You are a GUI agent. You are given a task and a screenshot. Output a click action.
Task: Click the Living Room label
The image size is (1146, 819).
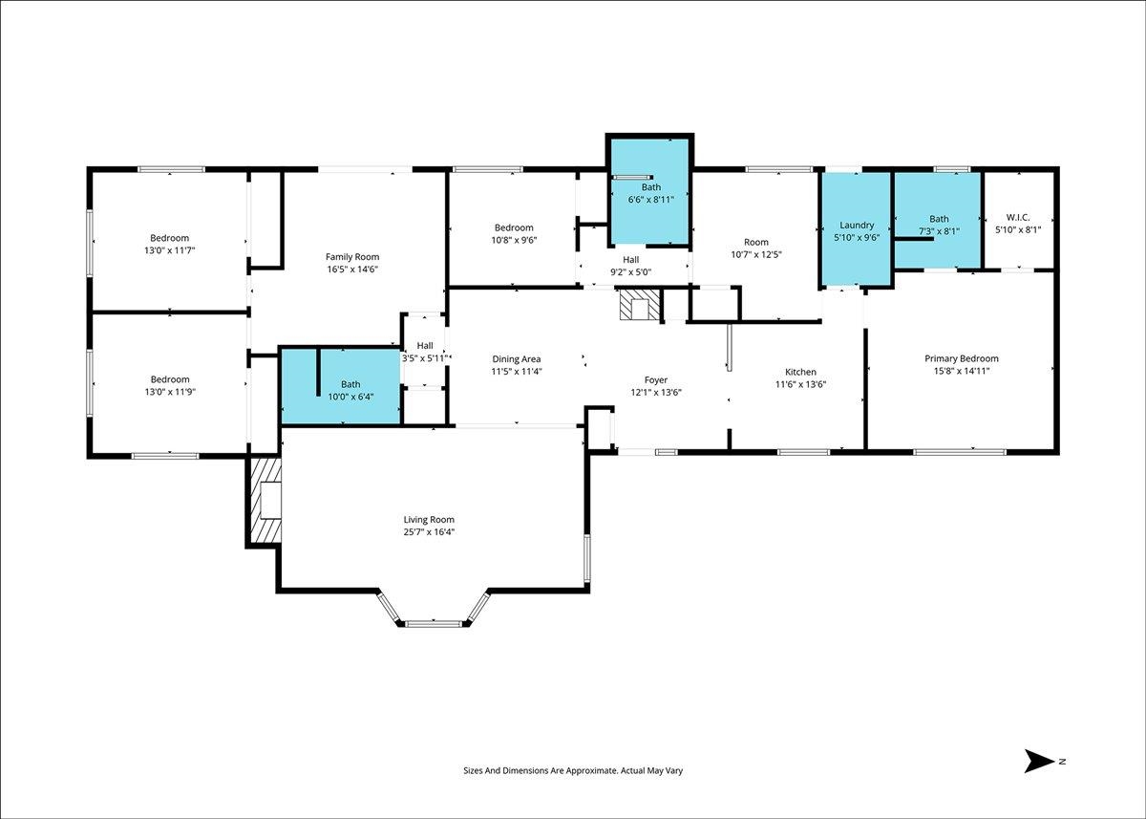click(429, 520)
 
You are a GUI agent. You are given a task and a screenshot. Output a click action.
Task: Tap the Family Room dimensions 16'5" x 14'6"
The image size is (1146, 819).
click(352, 269)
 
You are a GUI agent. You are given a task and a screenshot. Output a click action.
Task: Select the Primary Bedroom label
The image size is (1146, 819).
click(962, 358)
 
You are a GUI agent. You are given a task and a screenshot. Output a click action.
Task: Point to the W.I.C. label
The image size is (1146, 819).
click(1018, 218)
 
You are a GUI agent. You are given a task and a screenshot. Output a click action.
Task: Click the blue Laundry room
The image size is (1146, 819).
click(857, 228)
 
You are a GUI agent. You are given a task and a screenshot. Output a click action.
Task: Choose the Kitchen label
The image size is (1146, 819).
click(800, 372)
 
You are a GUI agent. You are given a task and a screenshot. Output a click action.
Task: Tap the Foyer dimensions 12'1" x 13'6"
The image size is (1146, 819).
click(656, 393)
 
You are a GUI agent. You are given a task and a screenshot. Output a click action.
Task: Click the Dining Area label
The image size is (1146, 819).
click(517, 359)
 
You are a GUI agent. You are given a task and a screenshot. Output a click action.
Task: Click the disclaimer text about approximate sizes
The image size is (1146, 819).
click(573, 785)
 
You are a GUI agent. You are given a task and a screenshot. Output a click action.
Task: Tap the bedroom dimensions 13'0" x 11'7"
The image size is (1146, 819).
click(170, 250)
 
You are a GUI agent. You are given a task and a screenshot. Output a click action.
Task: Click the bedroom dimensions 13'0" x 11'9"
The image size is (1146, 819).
click(170, 392)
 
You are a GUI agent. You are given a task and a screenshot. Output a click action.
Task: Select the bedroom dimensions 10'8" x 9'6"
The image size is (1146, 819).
click(514, 240)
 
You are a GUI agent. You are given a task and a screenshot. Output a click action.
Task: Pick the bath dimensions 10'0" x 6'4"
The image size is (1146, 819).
click(350, 397)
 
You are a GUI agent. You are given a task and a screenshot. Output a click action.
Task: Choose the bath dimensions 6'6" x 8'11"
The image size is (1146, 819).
click(650, 200)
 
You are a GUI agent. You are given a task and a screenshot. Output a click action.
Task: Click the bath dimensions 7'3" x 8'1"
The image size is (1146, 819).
click(939, 231)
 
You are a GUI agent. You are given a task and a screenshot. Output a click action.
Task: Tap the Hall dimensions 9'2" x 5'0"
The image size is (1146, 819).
click(631, 272)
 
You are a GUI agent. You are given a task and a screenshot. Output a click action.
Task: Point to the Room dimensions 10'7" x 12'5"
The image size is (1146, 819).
click(756, 254)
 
